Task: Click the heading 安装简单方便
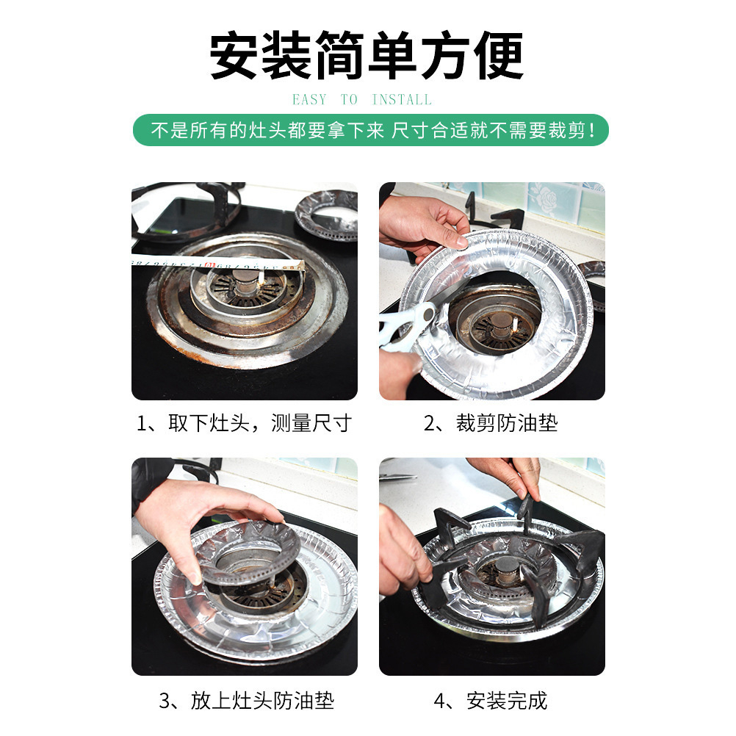click(366, 55)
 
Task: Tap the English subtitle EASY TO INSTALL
click(362, 99)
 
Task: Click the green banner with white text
click(370, 130)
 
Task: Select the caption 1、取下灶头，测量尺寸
click(244, 423)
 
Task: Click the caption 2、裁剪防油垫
click(491, 423)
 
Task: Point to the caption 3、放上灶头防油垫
click(246, 701)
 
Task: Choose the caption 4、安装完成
click(491, 701)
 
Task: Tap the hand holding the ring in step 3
click(206, 521)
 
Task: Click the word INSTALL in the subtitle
click(402, 99)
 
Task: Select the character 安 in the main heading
click(234, 55)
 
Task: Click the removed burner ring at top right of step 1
click(327, 215)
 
